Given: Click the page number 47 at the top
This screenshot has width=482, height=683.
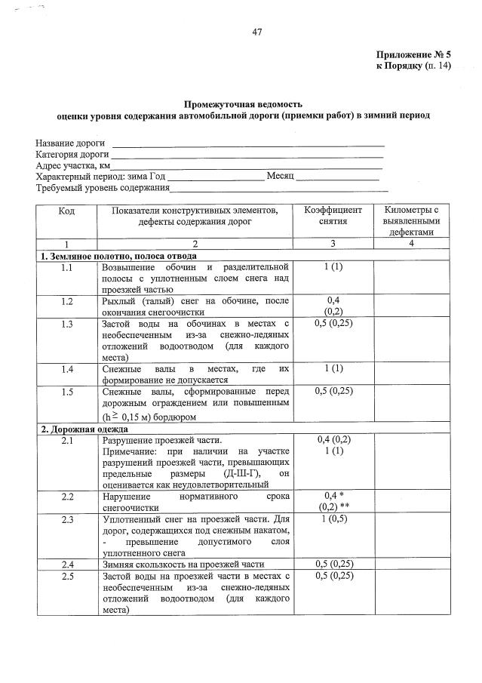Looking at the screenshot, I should click(x=256, y=31).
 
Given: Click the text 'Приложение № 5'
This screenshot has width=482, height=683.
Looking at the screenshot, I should click(x=413, y=55).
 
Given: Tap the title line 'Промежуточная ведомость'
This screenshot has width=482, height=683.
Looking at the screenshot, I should click(x=244, y=103).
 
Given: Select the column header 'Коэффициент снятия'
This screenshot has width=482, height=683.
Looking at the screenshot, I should click(x=333, y=216).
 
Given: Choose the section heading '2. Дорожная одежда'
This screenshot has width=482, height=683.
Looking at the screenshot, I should click(x=78, y=429).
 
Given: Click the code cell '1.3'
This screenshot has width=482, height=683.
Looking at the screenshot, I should click(x=66, y=325).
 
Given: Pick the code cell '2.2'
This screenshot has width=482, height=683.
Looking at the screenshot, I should click(x=66, y=497).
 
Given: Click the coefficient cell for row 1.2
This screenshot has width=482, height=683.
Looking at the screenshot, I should click(x=333, y=306).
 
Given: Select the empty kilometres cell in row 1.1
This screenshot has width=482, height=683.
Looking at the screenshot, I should click(x=411, y=278).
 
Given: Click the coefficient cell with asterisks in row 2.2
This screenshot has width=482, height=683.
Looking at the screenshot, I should click(x=333, y=502).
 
